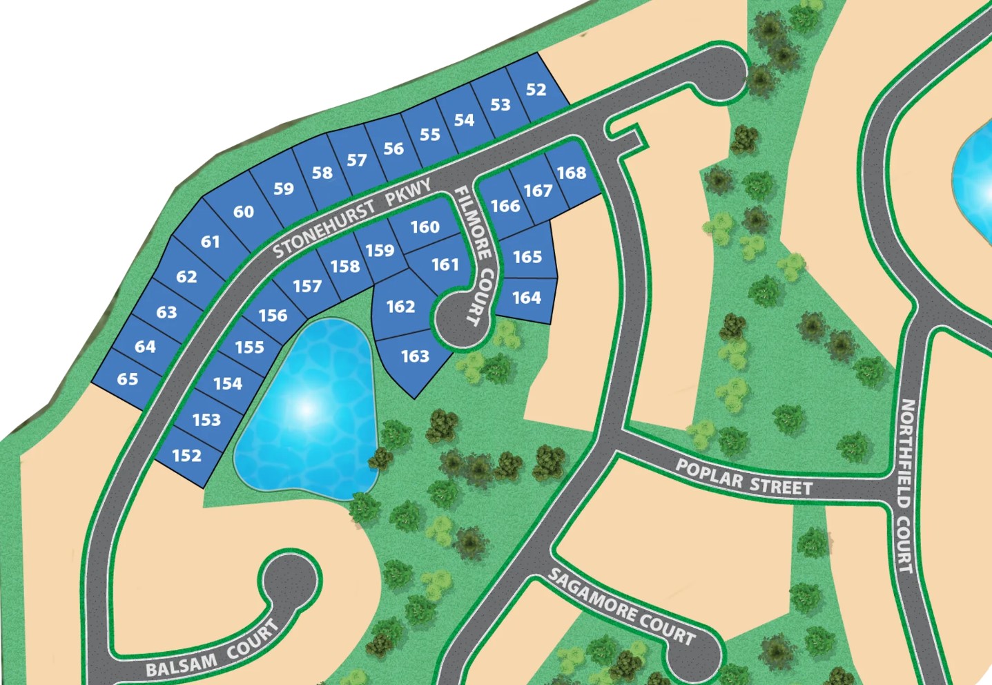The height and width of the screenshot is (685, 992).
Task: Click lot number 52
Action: pyautogui.click(x=536, y=90)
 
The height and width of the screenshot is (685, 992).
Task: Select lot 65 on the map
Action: pyautogui.click(x=128, y=379)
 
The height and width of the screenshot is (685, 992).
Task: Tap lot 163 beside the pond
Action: pyautogui.click(x=415, y=356)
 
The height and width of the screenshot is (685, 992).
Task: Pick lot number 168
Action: pyautogui.click(x=572, y=173)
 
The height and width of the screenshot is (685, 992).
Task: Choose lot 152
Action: pyautogui.click(x=187, y=456)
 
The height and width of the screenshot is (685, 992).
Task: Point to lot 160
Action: pyautogui.click(x=425, y=227)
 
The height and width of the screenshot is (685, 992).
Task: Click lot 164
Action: pyautogui.click(x=527, y=298)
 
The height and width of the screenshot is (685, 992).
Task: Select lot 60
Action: pyautogui.click(x=243, y=212)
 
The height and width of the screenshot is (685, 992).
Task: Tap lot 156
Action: pyautogui.click(x=273, y=316)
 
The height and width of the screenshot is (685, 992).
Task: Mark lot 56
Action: pyautogui.click(x=393, y=148)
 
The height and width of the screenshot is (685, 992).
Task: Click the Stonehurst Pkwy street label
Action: pyautogui.click(x=352, y=217)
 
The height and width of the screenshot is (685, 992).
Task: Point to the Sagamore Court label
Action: pyautogui.click(x=621, y=607)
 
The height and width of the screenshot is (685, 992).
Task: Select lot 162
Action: pyautogui.click(x=400, y=307)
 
